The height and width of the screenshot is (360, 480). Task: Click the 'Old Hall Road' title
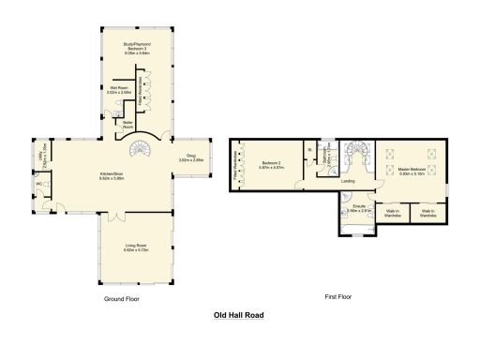point(240,316)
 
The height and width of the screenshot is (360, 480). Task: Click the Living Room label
point(138,248)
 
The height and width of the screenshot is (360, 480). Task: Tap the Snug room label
point(191,159)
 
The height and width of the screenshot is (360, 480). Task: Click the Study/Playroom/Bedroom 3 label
point(138,47)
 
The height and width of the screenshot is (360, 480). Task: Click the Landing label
point(348,182)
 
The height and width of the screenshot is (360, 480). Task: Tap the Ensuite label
point(357,209)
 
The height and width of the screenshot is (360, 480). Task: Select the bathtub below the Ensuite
point(357,225)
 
